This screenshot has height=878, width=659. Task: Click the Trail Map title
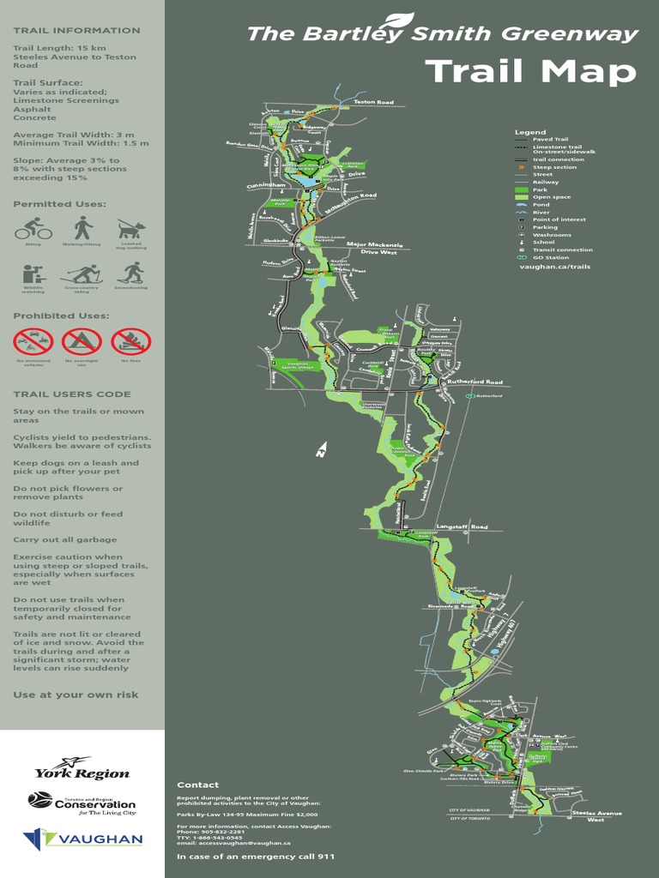tap(530, 71)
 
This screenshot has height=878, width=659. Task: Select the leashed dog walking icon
tap(131, 229)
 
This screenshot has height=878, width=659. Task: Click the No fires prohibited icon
tap(131, 342)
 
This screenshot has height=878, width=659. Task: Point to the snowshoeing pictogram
tap(131, 274)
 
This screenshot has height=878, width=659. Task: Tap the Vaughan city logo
tap(82, 839)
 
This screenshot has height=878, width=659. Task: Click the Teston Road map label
tap(374, 103)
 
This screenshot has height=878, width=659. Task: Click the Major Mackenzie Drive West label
tap(374, 248)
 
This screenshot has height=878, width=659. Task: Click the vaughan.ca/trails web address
tap(554, 267)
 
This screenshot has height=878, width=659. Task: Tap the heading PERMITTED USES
tap(59, 204)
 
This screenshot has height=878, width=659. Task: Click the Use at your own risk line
tap(76, 695)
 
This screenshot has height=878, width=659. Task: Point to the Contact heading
tap(198, 785)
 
